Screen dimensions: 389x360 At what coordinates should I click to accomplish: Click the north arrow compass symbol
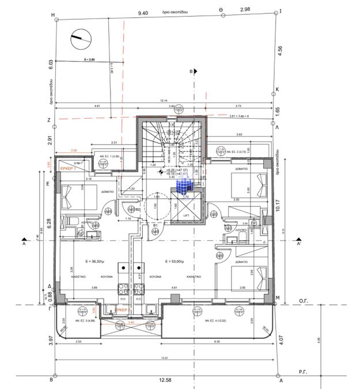click(79, 40)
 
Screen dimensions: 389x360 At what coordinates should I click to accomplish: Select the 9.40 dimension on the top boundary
click(142, 12)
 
